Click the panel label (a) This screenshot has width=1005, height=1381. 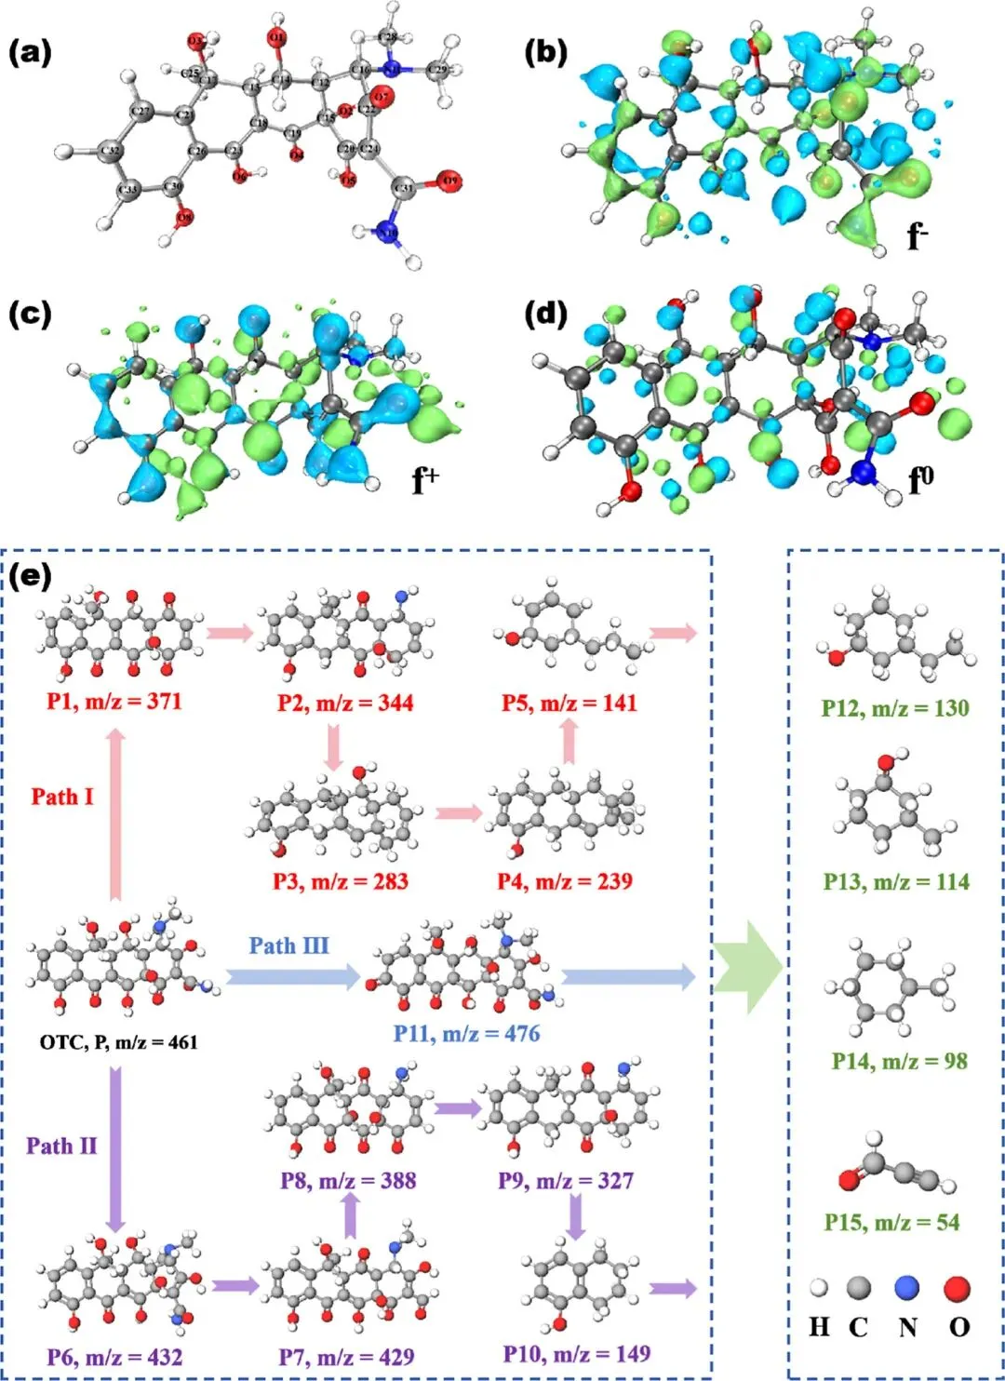[30, 53]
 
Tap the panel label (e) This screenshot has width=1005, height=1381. [30, 578]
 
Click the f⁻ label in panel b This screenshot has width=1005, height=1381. [918, 236]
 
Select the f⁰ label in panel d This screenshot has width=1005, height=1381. [920, 479]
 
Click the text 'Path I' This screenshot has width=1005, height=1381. [62, 797]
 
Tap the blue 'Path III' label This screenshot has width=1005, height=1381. [288, 945]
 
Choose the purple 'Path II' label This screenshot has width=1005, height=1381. [61, 1146]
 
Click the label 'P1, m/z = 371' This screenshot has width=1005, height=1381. [114, 701]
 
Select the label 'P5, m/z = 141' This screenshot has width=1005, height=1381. [569, 703]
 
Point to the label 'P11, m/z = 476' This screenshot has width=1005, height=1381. [466, 1033]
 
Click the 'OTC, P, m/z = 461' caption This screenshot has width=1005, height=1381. [118, 1042]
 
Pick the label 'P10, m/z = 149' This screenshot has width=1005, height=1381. [577, 1353]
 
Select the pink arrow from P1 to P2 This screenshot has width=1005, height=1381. [229, 634]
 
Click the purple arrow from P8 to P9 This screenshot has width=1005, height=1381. [457, 1108]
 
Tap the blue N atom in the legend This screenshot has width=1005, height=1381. [906, 1288]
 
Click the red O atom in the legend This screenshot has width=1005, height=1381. [958, 1289]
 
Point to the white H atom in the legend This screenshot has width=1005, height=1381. [819, 1289]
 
